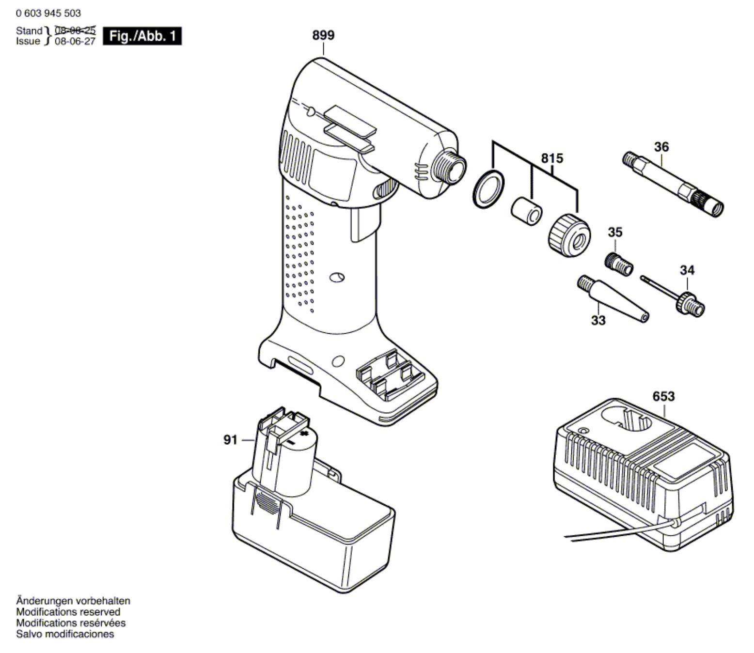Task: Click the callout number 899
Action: [323, 35]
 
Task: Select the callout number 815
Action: [552, 158]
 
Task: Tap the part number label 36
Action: [661, 147]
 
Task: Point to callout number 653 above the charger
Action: [663, 396]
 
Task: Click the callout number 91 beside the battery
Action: [230, 440]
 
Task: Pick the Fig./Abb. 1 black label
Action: [142, 36]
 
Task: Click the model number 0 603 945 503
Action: [48, 14]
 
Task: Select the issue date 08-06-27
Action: [75, 42]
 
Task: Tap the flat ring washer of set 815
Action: [488, 189]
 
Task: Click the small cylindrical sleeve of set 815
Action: [526, 212]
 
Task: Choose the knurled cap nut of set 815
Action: [569, 235]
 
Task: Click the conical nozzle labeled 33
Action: [613, 298]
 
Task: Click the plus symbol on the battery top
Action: [304, 434]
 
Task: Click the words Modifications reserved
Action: [68, 611]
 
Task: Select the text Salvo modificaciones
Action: [65, 634]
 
